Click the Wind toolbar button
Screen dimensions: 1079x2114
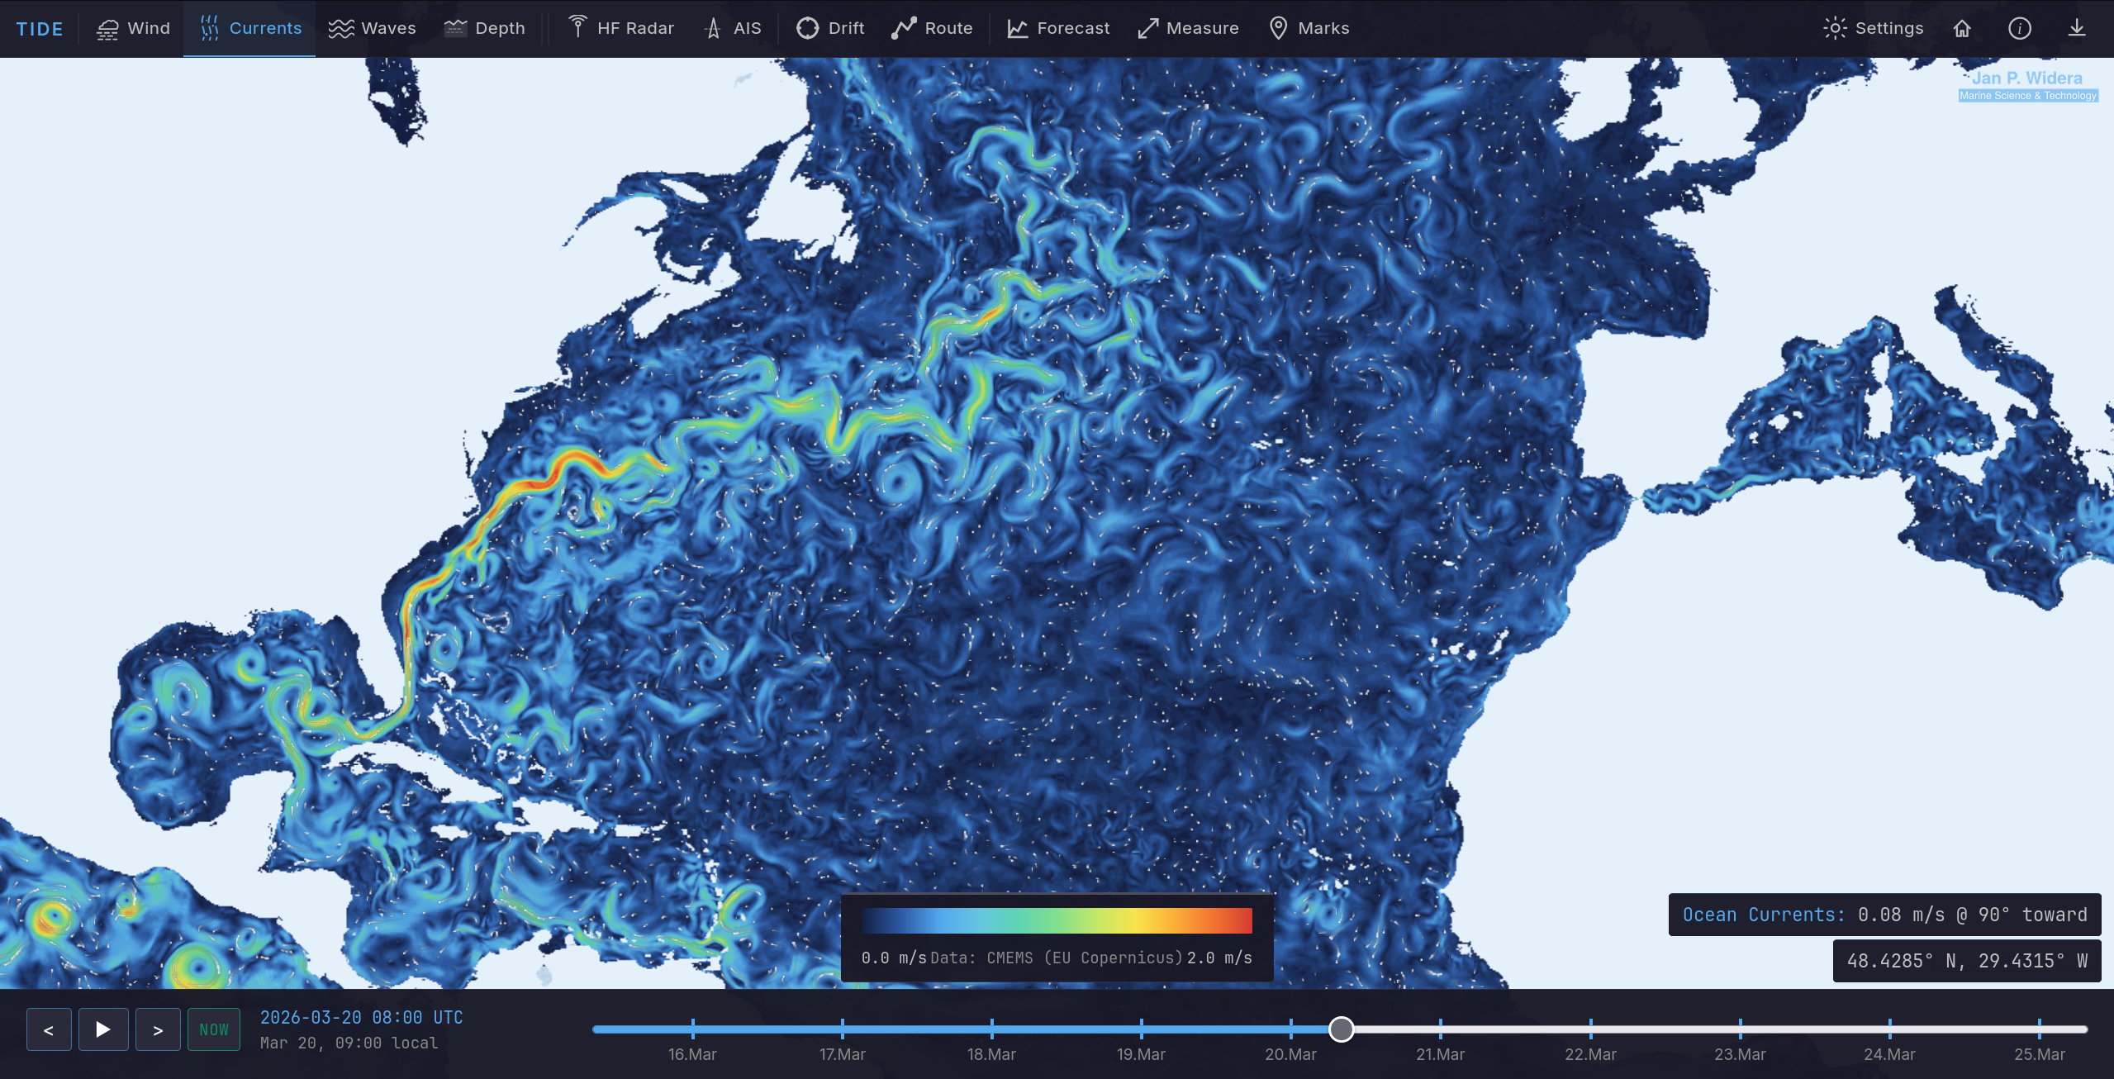point(133,28)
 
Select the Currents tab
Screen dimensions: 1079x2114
point(250,28)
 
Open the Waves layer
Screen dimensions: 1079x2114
point(372,28)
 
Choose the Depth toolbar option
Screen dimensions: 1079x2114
point(484,28)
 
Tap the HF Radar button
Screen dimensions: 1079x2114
point(621,28)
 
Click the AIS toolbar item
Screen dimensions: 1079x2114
point(732,28)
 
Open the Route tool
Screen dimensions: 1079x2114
point(932,28)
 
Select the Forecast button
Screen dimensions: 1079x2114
point(1057,28)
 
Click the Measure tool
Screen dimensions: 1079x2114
point(1188,28)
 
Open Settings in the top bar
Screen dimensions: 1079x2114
point(1873,28)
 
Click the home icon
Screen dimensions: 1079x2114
point(1962,28)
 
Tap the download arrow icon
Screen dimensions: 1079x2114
point(2076,28)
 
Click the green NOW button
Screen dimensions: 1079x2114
point(214,1029)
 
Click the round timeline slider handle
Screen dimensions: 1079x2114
point(1341,1029)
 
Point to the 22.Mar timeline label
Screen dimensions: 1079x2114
point(1590,1054)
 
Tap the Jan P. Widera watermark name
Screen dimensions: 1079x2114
point(2026,78)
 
